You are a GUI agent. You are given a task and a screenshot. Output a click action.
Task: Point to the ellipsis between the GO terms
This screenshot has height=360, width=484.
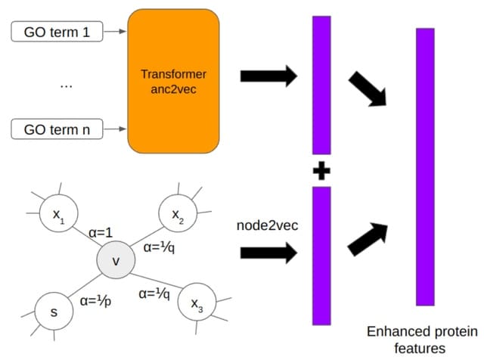point(66,85)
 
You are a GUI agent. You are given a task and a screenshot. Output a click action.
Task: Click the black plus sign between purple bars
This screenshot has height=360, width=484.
point(323,172)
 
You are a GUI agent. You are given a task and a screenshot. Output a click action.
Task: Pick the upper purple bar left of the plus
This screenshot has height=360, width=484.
point(322,85)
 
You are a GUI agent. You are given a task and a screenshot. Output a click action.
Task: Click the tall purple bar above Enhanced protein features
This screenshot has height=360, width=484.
point(425,166)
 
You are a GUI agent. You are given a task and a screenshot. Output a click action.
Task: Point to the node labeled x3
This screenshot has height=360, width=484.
point(196,305)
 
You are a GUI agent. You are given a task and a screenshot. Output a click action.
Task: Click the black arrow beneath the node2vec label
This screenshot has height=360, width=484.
point(268,253)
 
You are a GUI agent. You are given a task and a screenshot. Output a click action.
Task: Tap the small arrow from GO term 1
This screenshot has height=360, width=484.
point(116,32)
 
